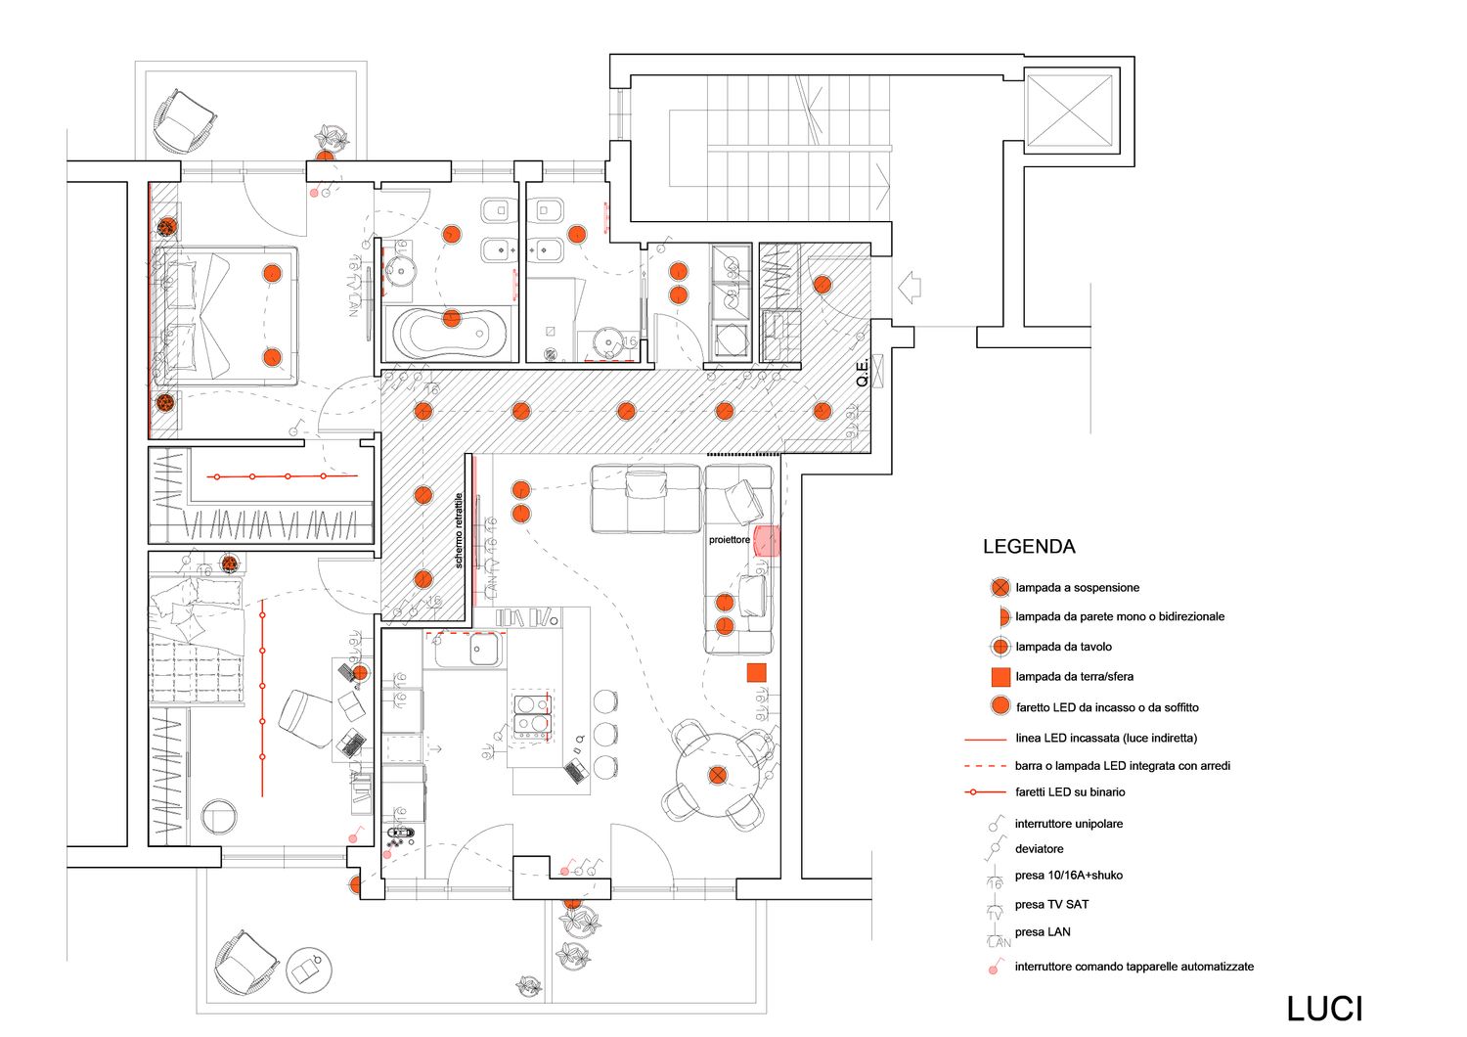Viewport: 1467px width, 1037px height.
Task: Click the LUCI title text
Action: (1324, 1009)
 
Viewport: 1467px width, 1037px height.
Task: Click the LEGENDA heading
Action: (1029, 547)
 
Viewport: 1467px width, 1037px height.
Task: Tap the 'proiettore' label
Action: (730, 540)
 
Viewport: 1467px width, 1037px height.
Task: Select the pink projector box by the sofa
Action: (767, 541)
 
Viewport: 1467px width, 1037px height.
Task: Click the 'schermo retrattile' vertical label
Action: (459, 530)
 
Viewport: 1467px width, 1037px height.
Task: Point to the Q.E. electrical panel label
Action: (863, 373)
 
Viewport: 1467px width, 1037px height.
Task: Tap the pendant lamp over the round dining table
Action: (719, 776)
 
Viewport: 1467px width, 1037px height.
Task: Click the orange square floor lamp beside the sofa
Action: (756, 672)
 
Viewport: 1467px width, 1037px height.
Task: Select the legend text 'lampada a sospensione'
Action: (1077, 588)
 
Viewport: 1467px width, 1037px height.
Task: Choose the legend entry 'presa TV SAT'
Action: (1051, 905)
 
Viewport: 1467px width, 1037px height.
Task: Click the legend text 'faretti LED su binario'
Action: (1070, 792)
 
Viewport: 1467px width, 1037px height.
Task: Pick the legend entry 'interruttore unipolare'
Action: (1068, 824)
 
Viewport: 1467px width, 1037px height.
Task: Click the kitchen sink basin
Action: (486, 650)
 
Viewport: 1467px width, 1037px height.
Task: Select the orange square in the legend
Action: (1000, 677)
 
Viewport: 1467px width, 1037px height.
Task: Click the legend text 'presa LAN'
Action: (1043, 932)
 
